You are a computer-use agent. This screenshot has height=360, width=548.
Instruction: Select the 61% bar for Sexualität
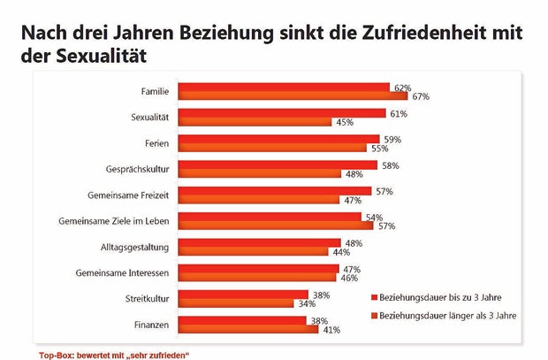[282, 113]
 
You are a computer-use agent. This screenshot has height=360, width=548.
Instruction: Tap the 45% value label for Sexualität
[343, 122]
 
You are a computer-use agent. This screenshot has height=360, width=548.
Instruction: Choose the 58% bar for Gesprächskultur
[278, 165]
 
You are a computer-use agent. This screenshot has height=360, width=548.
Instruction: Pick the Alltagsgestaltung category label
[134, 245]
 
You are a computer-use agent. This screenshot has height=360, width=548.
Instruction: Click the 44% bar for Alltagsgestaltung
[253, 250]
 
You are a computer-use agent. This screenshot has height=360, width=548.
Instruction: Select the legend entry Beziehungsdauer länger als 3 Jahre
[445, 314]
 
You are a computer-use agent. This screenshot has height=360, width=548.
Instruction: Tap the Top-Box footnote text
[114, 354]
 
